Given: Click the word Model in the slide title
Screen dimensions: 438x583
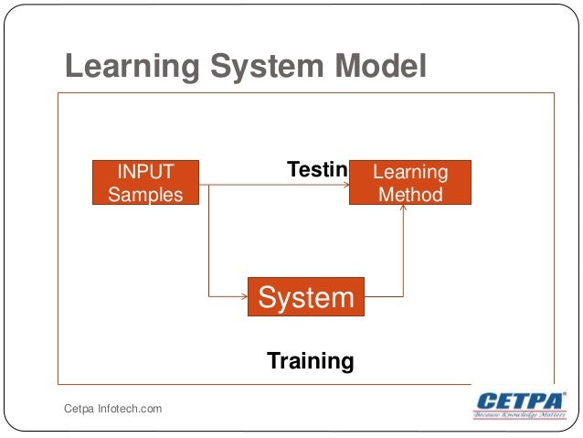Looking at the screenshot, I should coord(381,67).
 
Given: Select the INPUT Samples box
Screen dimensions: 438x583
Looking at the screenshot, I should coord(145,182).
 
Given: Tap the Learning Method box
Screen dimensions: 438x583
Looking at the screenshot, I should coord(410,182).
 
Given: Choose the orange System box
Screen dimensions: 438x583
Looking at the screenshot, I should coord(305,297).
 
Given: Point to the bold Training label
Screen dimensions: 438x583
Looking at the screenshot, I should coord(310,360).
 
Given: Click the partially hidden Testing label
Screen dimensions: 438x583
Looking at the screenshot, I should coord(317,169).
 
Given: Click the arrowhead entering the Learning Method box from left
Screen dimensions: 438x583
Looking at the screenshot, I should coord(345,185).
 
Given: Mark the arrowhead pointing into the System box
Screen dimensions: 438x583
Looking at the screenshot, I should coord(244,297).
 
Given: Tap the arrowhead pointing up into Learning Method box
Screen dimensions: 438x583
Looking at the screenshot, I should coord(403,209).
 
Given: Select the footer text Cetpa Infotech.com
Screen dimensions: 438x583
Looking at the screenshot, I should coord(112,408).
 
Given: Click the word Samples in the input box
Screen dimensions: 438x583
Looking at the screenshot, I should coord(145,194).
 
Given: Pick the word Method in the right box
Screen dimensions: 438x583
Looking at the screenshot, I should coord(410,194).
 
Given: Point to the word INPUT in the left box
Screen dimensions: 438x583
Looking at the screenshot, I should coord(145,171).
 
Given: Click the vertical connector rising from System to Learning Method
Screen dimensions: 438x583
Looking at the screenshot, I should coord(403,256).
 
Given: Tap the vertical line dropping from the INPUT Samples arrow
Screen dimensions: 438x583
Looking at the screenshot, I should coord(209,242).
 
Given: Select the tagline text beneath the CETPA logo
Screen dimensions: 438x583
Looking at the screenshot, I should coord(519,415).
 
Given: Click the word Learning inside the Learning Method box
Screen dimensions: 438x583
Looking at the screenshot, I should coord(411,172).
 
